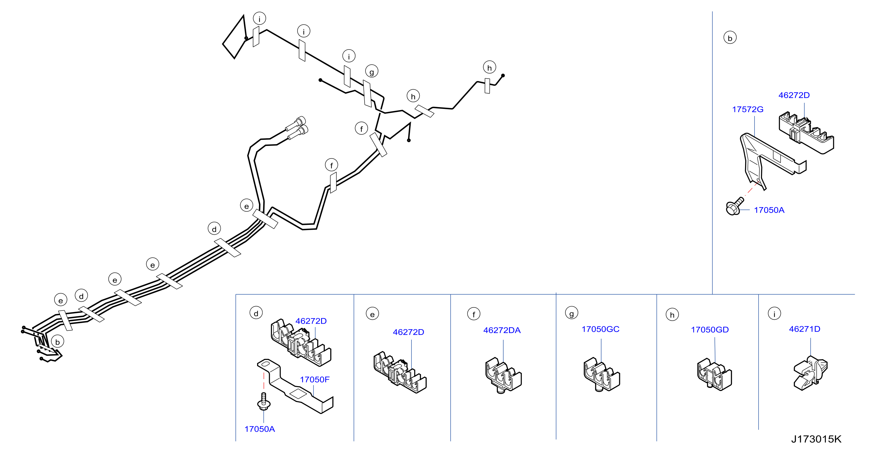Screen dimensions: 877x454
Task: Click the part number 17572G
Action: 748,109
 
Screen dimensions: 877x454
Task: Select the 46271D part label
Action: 804,329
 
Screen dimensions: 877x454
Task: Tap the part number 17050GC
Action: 600,329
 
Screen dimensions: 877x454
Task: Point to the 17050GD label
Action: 710,329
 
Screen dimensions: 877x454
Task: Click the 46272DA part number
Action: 502,330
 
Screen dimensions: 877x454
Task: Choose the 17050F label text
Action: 315,379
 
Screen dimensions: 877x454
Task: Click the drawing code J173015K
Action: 816,439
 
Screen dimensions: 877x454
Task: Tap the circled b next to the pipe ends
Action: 58,342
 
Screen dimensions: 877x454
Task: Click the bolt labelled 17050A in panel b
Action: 735,207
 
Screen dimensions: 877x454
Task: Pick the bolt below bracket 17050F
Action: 264,401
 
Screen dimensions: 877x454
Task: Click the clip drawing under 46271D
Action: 810,373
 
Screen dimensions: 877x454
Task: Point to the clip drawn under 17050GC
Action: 602,374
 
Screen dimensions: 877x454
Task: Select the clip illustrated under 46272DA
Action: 503,375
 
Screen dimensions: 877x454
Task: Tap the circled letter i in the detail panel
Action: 774,314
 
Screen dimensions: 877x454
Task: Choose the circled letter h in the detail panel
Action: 672,315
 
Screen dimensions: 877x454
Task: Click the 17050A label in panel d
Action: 259,429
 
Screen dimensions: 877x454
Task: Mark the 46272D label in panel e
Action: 408,332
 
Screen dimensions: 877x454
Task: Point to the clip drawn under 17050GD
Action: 714,374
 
